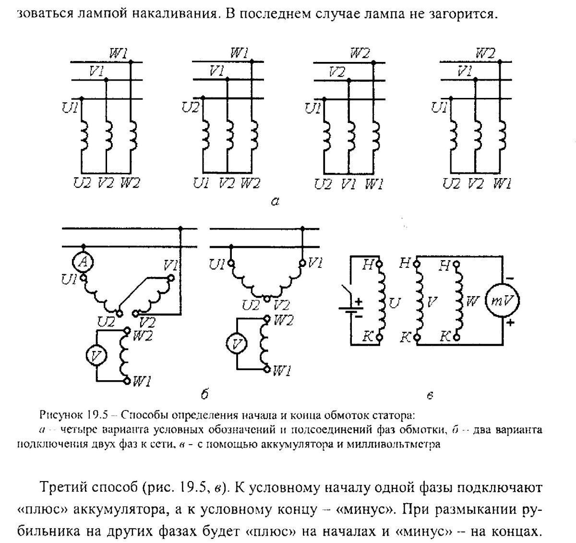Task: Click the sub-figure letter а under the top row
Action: pos(275,202)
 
